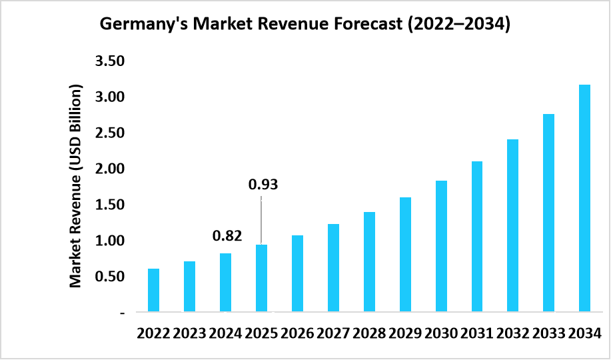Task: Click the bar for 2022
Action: pyautogui.click(x=153, y=290)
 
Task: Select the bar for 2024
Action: pyautogui.click(x=225, y=283)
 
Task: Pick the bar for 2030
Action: pyautogui.click(x=441, y=246)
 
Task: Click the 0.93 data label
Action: pyautogui.click(x=263, y=185)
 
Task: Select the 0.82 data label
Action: pyautogui.click(x=227, y=235)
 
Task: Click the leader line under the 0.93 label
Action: pyautogui.click(x=261, y=220)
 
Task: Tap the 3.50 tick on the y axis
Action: pyautogui.click(x=111, y=61)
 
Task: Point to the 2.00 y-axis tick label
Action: pyautogui.click(x=111, y=169)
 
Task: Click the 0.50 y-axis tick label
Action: pyautogui.click(x=111, y=276)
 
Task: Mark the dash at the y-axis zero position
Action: pyautogui.click(x=122, y=312)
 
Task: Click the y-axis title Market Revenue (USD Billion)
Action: pyautogui.click(x=76, y=187)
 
